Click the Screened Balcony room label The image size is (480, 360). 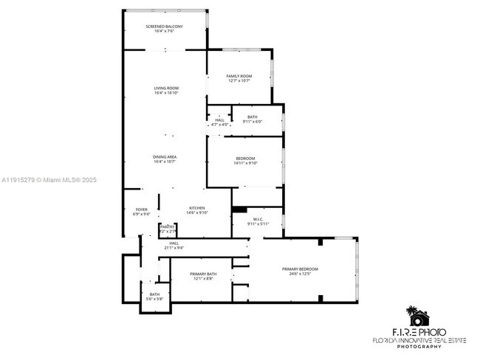click(x=164, y=27)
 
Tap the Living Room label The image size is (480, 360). click(x=166, y=88)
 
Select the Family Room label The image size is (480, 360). click(x=239, y=76)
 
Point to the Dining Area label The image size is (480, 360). click(x=164, y=157)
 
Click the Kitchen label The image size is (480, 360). click(x=196, y=209)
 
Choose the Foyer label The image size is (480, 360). click(x=141, y=210)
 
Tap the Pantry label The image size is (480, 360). click(x=168, y=226)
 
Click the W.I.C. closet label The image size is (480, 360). click(x=258, y=218)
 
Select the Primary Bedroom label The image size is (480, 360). click(x=300, y=269)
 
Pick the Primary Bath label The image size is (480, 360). click(x=202, y=274)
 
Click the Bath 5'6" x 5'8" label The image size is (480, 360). click(x=154, y=294)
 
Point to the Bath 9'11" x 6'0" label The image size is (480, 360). click(x=253, y=117)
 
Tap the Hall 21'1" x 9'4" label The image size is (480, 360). click(x=174, y=243)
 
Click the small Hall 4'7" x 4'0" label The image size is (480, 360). click(x=219, y=120)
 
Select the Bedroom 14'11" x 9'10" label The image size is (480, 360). click(x=245, y=159)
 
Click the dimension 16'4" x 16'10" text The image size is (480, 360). click(x=166, y=93)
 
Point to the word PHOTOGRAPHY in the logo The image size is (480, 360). click(x=419, y=346)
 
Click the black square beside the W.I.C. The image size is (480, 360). click(x=239, y=210)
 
